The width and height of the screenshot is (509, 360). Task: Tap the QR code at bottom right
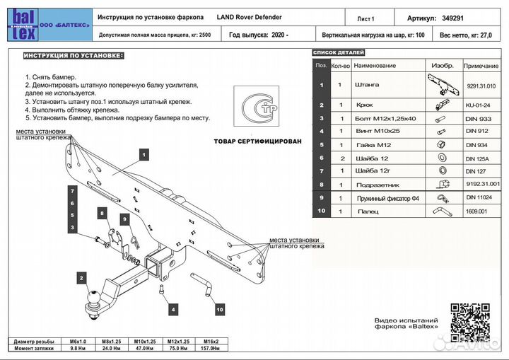470,325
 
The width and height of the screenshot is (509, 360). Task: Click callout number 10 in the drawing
220,309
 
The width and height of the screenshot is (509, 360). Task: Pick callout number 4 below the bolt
172,309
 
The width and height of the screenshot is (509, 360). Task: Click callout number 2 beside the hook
82,279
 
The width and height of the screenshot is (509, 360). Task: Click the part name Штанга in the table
370,85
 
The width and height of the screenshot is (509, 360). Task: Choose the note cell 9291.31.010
481,86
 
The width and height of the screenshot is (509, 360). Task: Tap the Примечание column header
481,65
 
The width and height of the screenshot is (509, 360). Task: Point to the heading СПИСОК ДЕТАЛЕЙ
338,53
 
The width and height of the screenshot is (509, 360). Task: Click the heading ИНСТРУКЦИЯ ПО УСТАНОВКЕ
73,55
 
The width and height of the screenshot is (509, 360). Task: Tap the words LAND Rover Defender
250,16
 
